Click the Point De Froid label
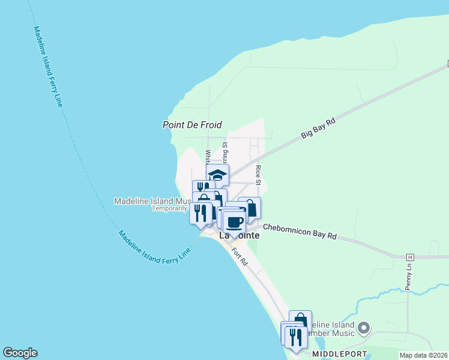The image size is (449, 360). pos(192,125)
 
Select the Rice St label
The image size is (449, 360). pos(258,175)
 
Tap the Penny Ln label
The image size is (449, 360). pos(408,277)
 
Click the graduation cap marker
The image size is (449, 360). pos(217,175)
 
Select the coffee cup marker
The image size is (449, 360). pos(234,221)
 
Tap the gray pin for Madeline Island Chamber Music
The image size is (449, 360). pos(364,328)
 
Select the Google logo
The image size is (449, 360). pos(20,353)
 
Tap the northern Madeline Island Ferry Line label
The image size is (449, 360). pos(48,66)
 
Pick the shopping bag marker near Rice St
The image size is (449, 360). pos(250,208)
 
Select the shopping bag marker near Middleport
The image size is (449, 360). pos(300,321)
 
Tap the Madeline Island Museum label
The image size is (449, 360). pos(153,201)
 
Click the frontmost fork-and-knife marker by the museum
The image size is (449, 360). pos(200,212)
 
